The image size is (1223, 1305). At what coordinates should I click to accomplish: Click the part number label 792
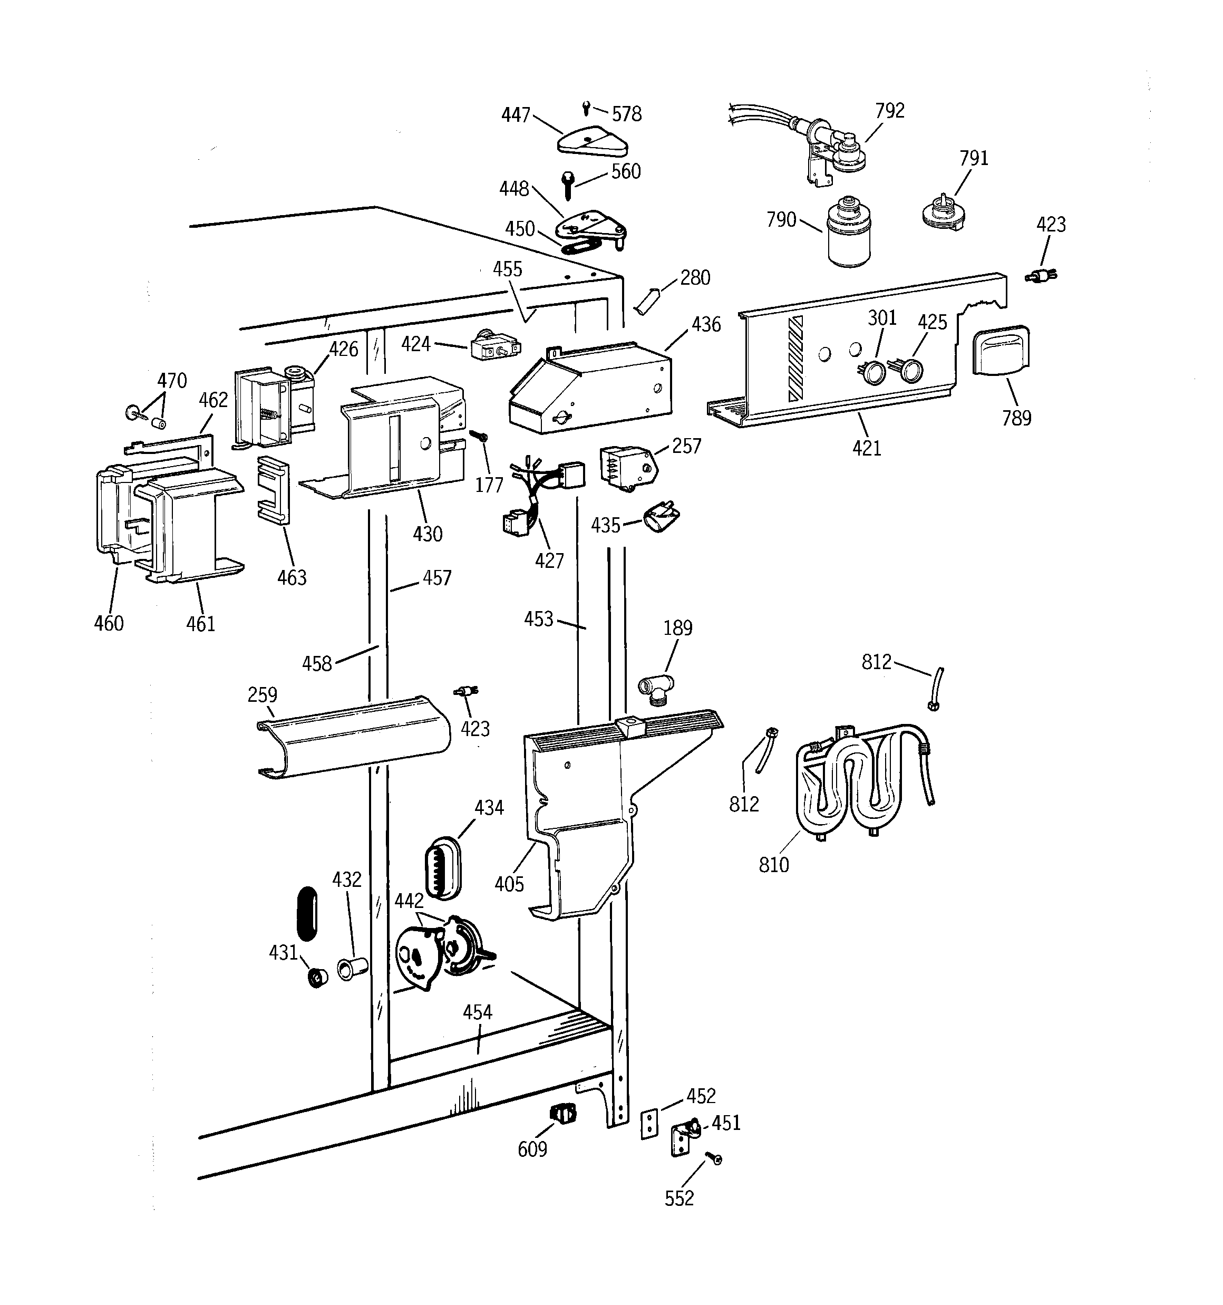pos(889,110)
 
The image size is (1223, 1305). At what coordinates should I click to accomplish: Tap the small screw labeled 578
pos(587,107)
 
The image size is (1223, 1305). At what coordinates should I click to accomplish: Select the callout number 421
pos(867,448)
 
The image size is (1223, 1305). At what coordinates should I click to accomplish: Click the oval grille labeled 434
pos(443,868)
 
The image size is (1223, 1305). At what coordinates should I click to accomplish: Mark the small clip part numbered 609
pos(562,1113)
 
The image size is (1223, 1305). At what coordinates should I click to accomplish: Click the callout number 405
pos(509,884)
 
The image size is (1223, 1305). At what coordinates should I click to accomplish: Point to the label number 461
pos(200,623)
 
